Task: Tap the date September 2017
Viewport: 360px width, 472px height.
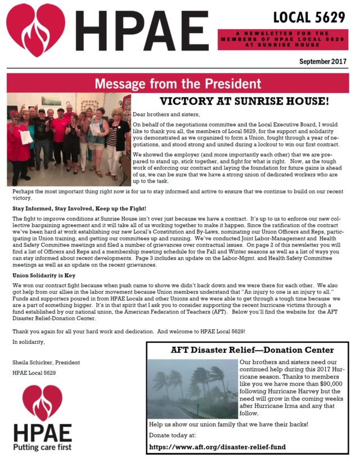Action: (x=322, y=61)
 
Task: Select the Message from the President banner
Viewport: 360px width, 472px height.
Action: (x=178, y=84)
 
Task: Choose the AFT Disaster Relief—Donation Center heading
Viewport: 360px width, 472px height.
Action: (x=252, y=350)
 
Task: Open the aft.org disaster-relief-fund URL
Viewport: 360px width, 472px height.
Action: (x=217, y=447)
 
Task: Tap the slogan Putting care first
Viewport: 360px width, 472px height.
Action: (x=43, y=447)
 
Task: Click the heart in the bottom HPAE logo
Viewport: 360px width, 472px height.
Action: (x=43, y=403)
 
